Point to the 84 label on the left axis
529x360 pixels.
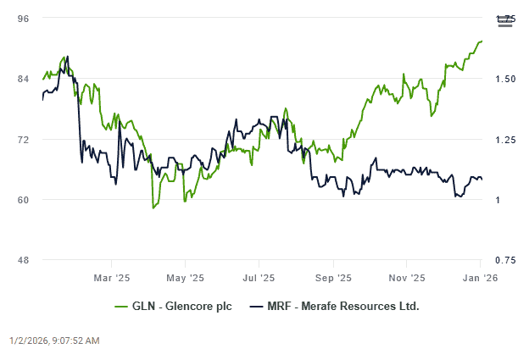pyautogui.click(x=24, y=80)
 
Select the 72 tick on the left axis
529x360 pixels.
pyautogui.click(x=24, y=140)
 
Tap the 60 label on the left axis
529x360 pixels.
pyautogui.click(x=24, y=200)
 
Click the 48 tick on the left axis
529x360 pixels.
pyautogui.click(x=24, y=260)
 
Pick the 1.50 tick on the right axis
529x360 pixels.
pyautogui.click(x=502, y=80)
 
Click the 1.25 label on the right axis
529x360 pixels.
pyautogui.click(x=502, y=140)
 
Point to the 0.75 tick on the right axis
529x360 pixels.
pyautogui.click(x=502, y=260)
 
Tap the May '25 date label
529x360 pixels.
pyautogui.click(x=185, y=277)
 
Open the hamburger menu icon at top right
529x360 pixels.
pyautogui.click(x=505, y=21)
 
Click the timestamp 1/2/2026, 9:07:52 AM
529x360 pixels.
pyautogui.click(x=54, y=341)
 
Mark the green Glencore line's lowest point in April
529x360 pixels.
pyautogui.click(x=153, y=208)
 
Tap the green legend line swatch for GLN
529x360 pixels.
pyautogui.click(x=123, y=306)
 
